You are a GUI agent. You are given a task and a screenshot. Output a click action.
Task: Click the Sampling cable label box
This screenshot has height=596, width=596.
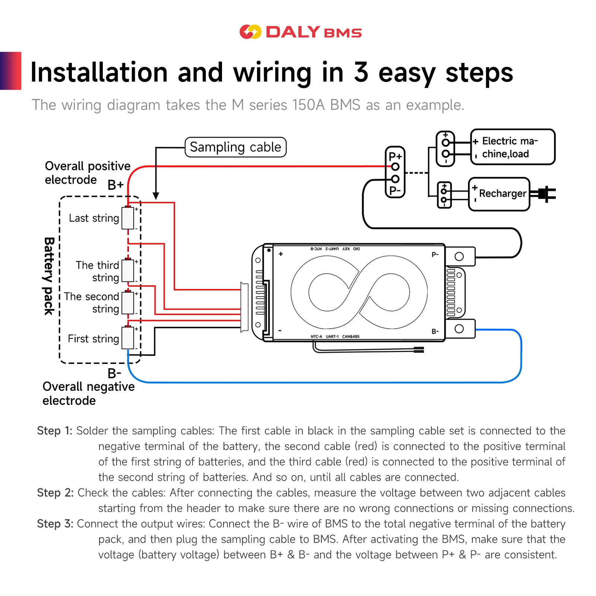pos(235,147)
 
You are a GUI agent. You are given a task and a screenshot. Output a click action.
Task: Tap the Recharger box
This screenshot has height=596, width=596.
pos(499,194)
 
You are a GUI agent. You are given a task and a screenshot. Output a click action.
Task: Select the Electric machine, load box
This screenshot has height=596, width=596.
pos(513,147)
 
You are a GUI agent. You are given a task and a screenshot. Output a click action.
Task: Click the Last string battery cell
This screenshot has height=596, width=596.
pos(128,218)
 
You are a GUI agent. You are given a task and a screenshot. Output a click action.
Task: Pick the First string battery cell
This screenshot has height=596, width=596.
pos(128,338)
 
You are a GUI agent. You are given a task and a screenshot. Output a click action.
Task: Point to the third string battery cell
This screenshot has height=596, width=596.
pos(128,271)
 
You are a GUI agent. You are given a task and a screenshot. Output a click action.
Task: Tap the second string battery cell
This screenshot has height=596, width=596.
pos(128,303)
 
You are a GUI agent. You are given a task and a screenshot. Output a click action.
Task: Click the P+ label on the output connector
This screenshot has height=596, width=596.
pos(395,156)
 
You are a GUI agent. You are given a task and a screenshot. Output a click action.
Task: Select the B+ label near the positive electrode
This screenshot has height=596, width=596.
pos(115,185)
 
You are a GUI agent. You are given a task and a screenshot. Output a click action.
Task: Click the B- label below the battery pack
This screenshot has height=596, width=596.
pos(114,373)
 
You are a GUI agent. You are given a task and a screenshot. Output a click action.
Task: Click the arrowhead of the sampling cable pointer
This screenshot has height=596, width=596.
pos(156,196)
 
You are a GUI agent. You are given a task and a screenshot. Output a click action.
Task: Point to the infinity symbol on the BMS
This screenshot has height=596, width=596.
pos(359,292)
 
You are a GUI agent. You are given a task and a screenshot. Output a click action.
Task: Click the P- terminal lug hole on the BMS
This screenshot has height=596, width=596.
pos(459,256)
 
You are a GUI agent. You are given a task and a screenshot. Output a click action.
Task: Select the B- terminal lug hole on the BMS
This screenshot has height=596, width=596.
pos(459,329)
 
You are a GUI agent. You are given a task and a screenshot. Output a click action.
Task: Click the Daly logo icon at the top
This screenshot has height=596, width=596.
pos(250,32)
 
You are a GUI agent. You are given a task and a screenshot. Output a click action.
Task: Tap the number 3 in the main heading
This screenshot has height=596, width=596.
pos(361,72)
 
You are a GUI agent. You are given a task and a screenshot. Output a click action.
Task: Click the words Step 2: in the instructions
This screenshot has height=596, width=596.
pos(55,493)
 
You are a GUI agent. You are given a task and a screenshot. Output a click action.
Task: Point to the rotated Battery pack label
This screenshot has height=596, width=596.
pos(49,276)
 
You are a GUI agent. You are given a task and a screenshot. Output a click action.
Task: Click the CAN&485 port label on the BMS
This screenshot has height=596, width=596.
pos(351,337)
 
